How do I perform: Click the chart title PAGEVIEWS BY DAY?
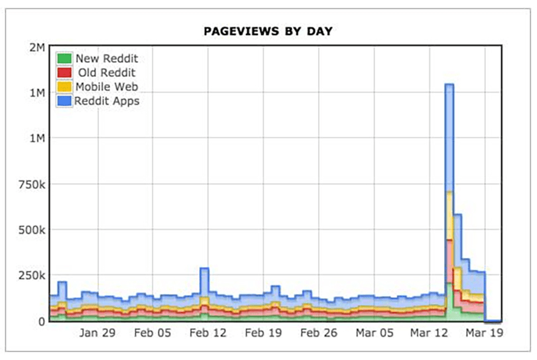(268, 31)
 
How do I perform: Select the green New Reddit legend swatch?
(64, 58)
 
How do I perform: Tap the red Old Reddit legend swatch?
(64, 72)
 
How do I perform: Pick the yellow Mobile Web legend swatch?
(64, 86)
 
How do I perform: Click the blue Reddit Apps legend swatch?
(64, 101)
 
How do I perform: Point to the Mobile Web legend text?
(106, 86)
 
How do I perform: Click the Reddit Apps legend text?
(107, 101)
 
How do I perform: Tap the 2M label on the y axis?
(36, 47)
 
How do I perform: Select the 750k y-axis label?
(30, 184)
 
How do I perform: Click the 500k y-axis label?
(30, 229)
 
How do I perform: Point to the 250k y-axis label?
(30, 275)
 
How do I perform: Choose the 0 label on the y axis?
(40, 321)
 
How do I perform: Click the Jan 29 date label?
(97, 334)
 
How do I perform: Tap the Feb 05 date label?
(152, 334)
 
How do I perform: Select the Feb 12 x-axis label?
(208, 334)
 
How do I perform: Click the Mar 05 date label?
(374, 334)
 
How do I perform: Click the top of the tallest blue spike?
(449, 85)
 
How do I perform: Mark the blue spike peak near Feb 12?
(204, 269)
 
